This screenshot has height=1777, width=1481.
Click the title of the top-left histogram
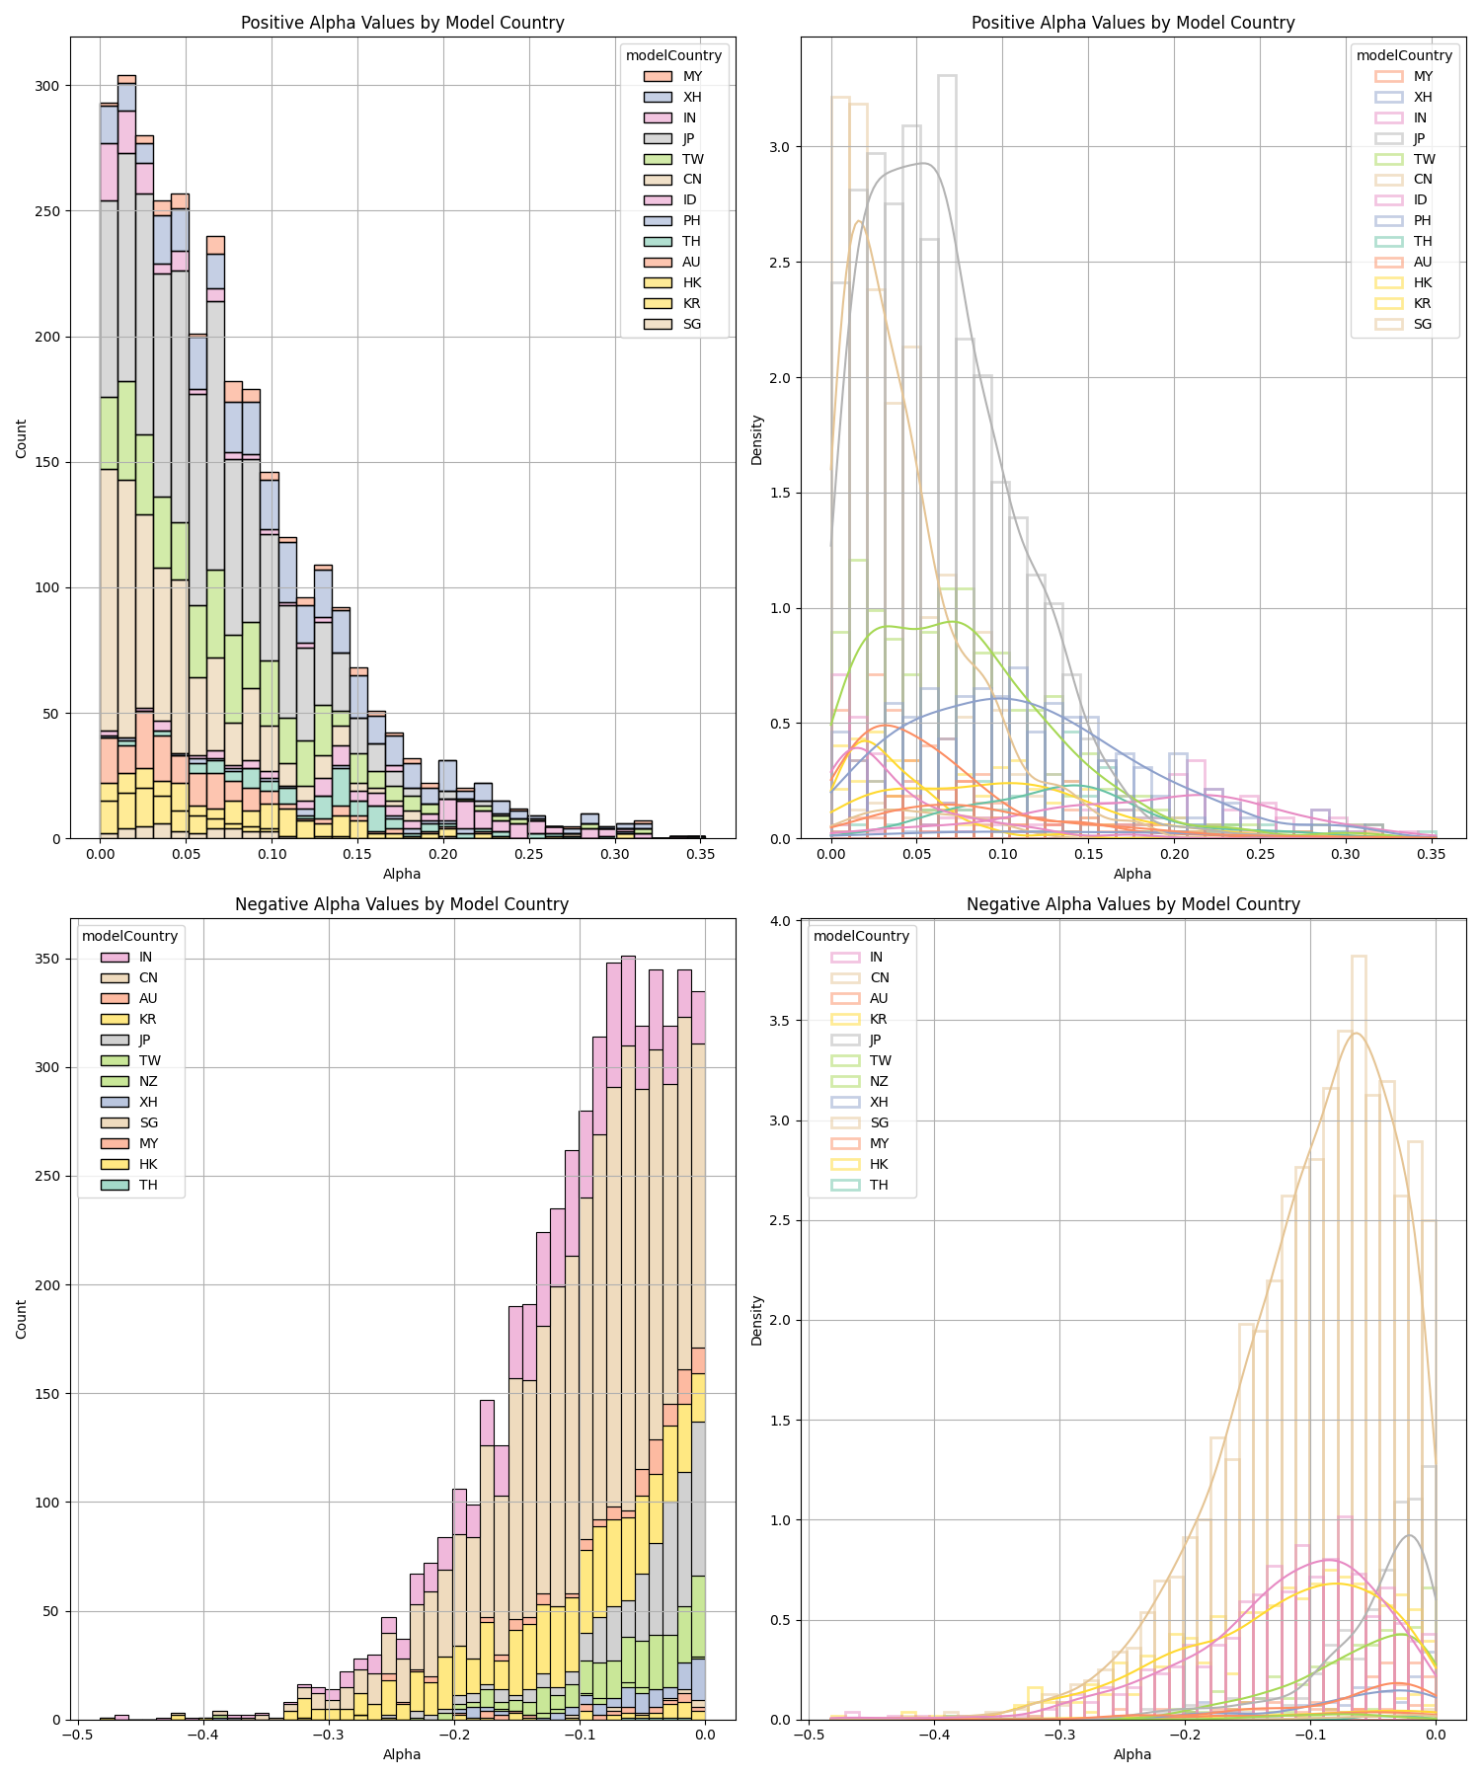tap(402, 23)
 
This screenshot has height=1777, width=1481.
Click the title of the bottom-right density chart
tap(1132, 904)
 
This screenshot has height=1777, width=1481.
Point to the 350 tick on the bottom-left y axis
tap(47, 960)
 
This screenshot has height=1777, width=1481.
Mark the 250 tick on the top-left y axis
tap(47, 211)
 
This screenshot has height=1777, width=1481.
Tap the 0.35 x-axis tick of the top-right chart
tap(1432, 854)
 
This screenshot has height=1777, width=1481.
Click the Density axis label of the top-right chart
tap(756, 439)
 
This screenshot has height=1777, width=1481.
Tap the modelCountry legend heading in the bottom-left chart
tap(129, 936)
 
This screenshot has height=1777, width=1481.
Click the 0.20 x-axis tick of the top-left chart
tap(443, 854)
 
